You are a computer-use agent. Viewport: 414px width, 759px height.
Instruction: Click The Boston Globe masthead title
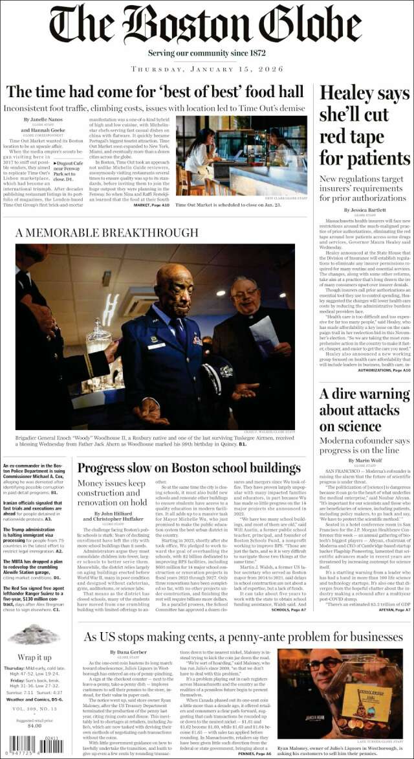tap(207, 25)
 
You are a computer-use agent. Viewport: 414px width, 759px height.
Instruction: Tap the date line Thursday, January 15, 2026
tap(207, 69)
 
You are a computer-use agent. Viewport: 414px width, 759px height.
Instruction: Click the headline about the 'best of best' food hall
tap(155, 92)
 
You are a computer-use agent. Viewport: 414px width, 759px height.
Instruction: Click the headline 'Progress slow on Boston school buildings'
tap(189, 468)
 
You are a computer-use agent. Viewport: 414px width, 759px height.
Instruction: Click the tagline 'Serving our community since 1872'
tap(207, 52)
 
